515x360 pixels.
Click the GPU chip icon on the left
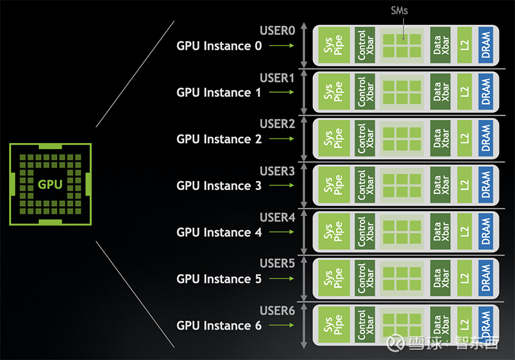(x=50, y=184)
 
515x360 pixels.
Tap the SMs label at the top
(x=399, y=12)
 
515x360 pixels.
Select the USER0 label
(x=277, y=30)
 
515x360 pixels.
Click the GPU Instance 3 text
(x=219, y=185)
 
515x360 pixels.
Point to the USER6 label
(x=277, y=310)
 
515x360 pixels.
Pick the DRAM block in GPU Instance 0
(x=486, y=46)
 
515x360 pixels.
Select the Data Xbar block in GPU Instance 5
(x=441, y=279)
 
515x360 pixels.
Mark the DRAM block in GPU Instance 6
(x=486, y=325)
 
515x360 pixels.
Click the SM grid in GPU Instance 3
(x=403, y=185)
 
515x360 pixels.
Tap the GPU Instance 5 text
(x=219, y=279)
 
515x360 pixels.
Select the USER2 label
(x=277, y=124)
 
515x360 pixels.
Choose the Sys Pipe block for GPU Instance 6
(x=333, y=325)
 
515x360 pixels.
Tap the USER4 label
(x=277, y=217)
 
